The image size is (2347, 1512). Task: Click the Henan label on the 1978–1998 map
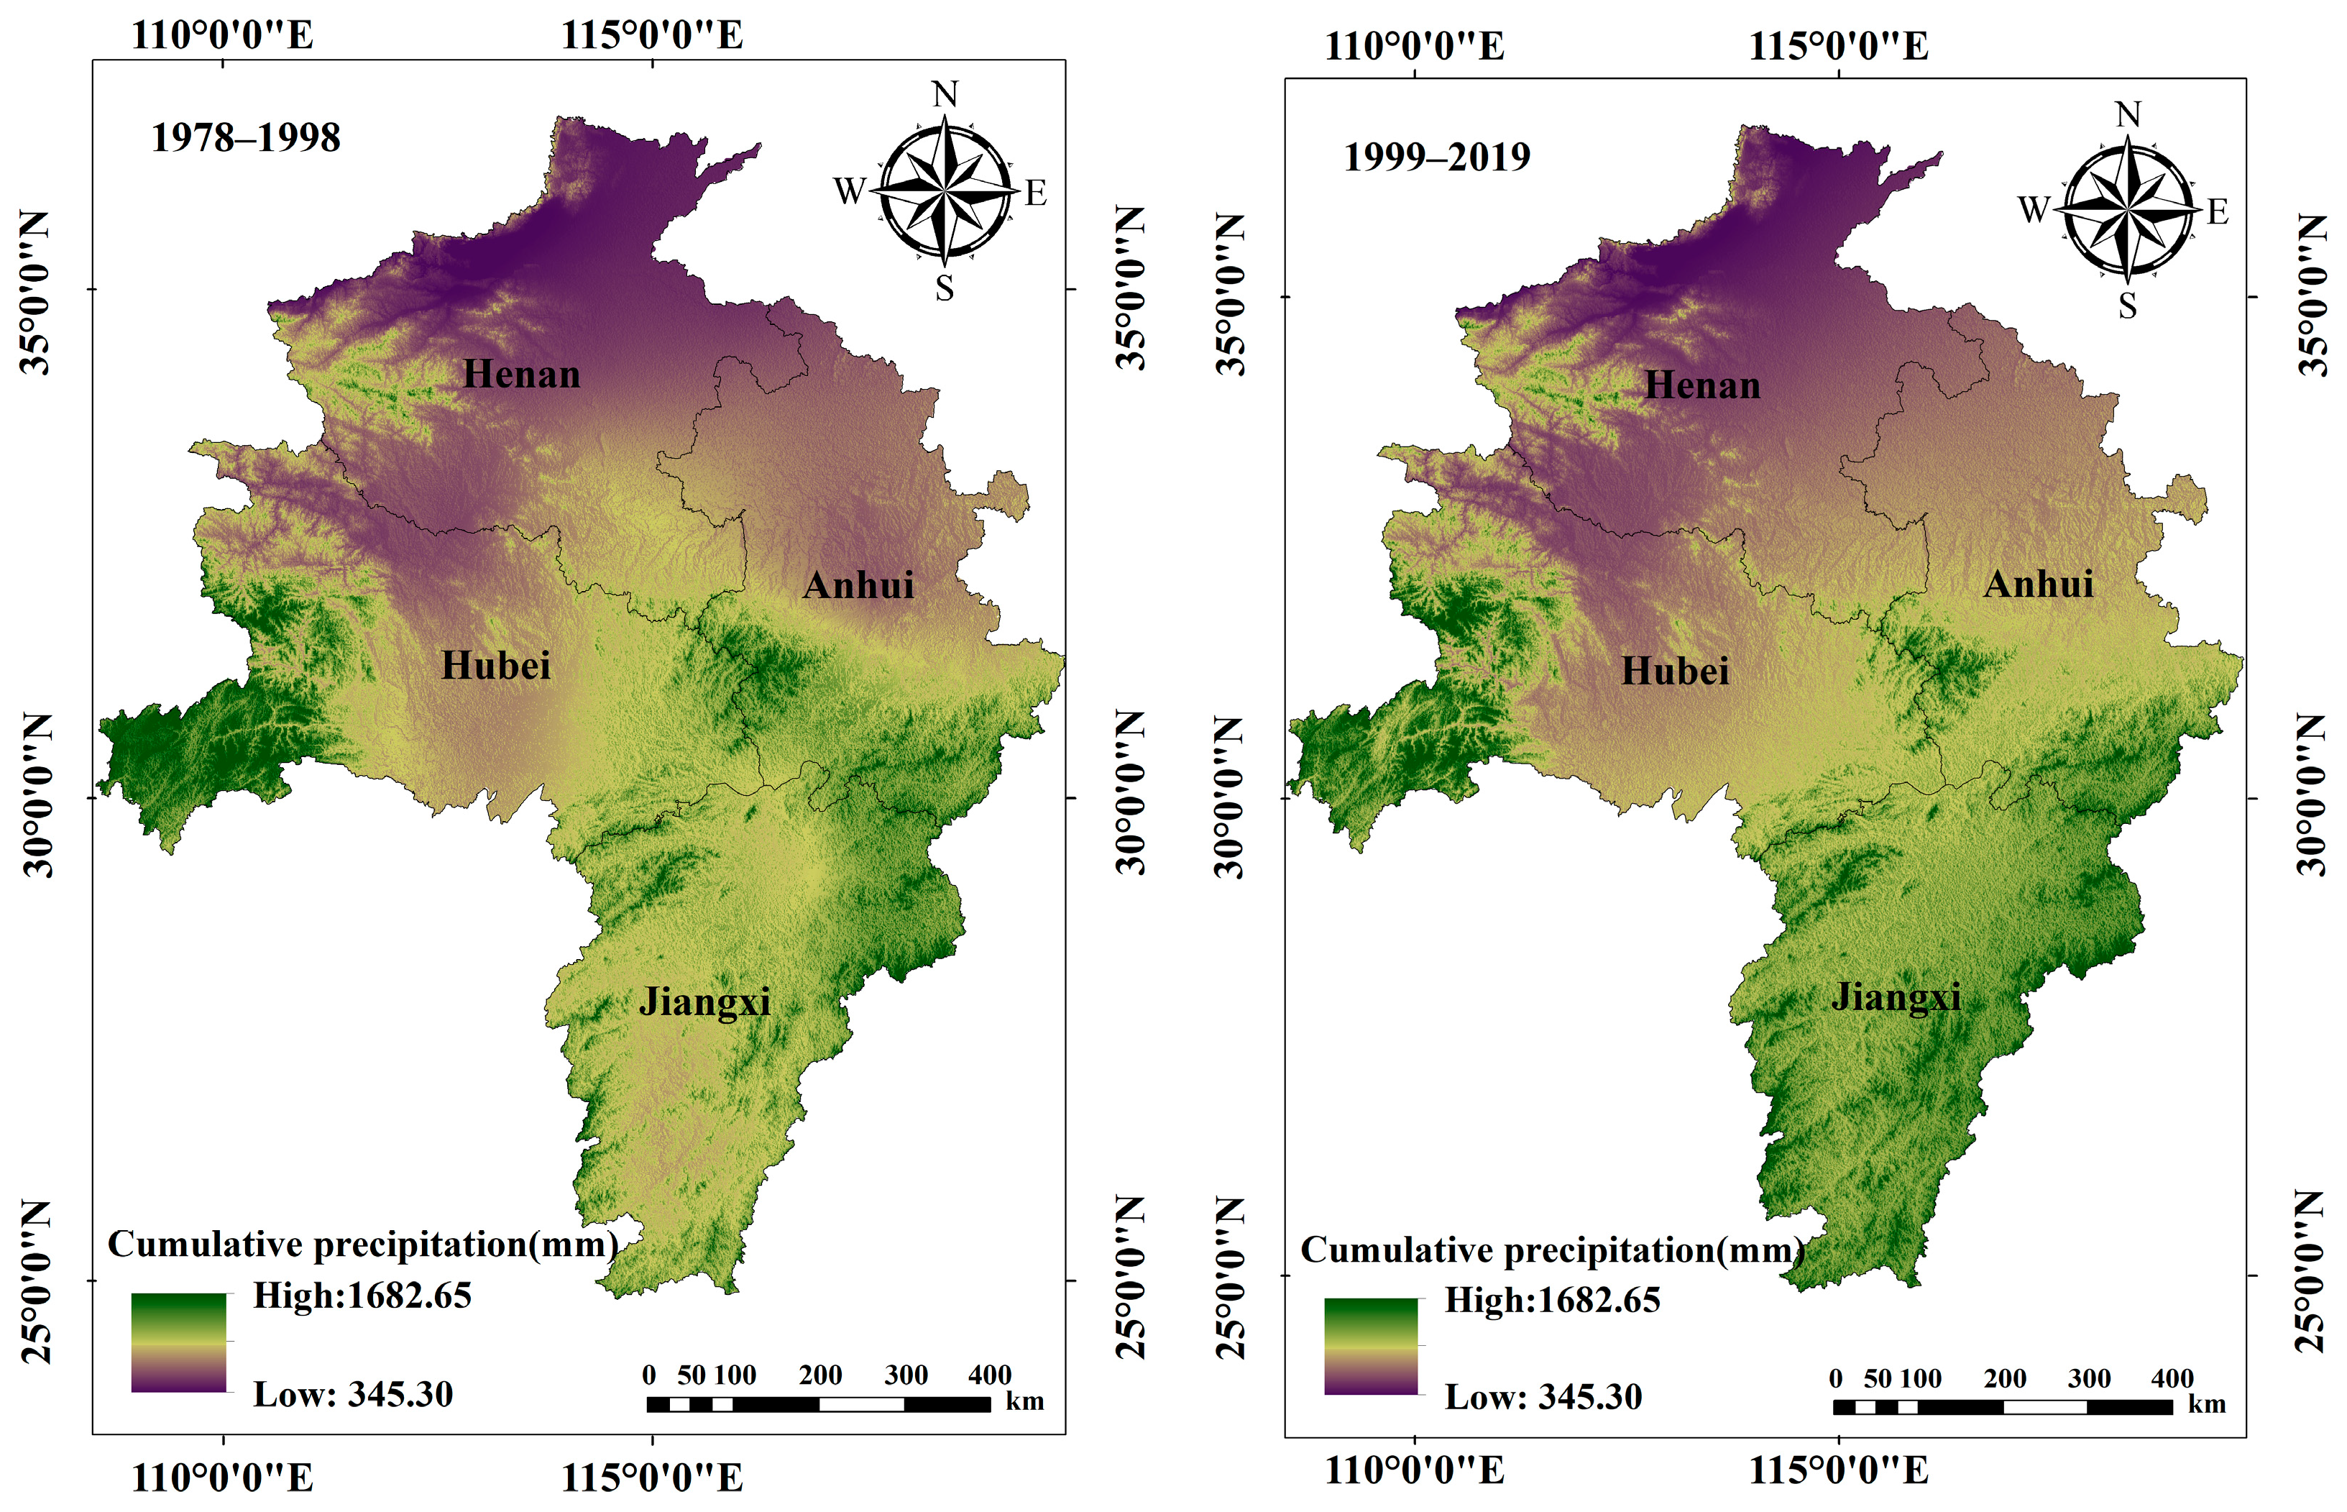521,374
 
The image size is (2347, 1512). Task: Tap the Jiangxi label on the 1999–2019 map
1896,996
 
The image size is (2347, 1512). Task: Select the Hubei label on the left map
496,666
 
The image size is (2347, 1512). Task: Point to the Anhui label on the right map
2038,585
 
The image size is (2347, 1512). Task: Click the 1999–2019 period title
1436,157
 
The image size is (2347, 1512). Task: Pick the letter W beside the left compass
849,191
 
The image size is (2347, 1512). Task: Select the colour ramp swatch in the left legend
179,1342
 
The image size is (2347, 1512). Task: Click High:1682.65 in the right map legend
1552,1300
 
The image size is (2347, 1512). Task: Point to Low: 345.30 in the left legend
354,1394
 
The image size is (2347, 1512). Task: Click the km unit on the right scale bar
2207,1404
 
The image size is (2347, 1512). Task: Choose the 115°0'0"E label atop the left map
652,35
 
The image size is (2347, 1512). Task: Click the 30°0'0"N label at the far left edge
37,795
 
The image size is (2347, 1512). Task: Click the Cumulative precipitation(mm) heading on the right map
1552,1250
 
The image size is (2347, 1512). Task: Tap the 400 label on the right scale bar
2172,1378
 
